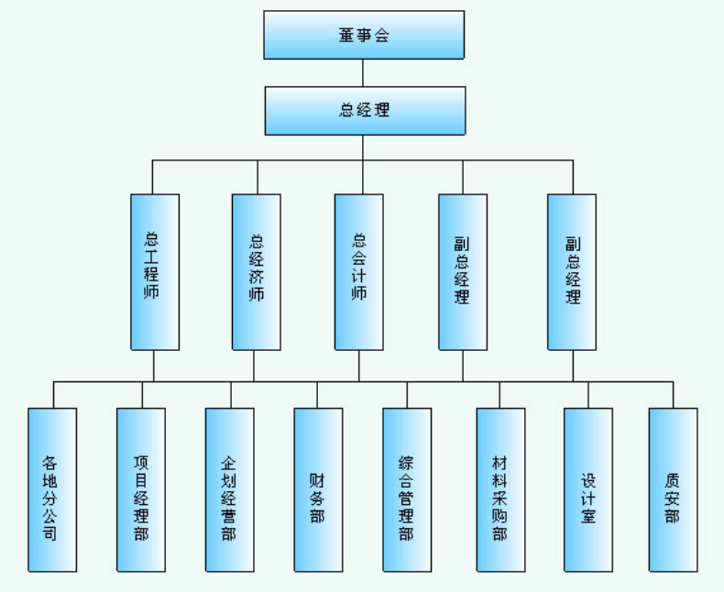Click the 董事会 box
(363, 35)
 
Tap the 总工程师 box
(154, 271)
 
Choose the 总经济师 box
(256, 271)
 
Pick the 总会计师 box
(358, 271)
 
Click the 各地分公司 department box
(51, 489)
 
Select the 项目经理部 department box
(141, 489)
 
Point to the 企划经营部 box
(229, 489)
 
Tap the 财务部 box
(318, 489)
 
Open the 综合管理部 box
(406, 489)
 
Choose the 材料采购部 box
(500, 489)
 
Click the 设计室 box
(587, 489)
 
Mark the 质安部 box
(673, 489)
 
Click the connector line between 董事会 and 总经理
(363, 73)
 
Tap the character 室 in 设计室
(587, 516)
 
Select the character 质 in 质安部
(673, 479)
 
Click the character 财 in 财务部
(318, 479)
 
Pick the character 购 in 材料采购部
(500, 516)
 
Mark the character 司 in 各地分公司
(51, 532)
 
